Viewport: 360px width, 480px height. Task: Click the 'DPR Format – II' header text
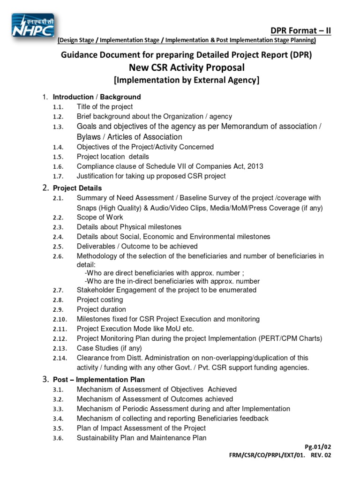click(x=301, y=31)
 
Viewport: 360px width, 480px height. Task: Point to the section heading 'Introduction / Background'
click(x=97, y=97)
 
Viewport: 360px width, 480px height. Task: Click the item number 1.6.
click(x=58, y=167)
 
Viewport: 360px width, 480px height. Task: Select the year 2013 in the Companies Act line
click(x=255, y=166)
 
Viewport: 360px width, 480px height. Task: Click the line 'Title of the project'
click(x=105, y=107)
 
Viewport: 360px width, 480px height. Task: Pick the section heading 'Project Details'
click(x=77, y=188)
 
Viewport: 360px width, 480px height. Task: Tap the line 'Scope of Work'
click(x=100, y=217)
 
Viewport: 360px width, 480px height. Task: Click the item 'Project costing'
click(x=100, y=300)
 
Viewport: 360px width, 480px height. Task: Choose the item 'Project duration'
click(x=101, y=309)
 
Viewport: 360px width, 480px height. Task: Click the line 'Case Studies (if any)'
click(x=109, y=348)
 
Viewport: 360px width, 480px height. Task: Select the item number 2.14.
click(x=59, y=358)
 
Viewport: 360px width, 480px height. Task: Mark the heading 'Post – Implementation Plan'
click(x=99, y=379)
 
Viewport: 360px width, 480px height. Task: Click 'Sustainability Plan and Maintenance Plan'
click(x=141, y=438)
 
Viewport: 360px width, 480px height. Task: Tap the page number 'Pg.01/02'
click(x=317, y=447)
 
